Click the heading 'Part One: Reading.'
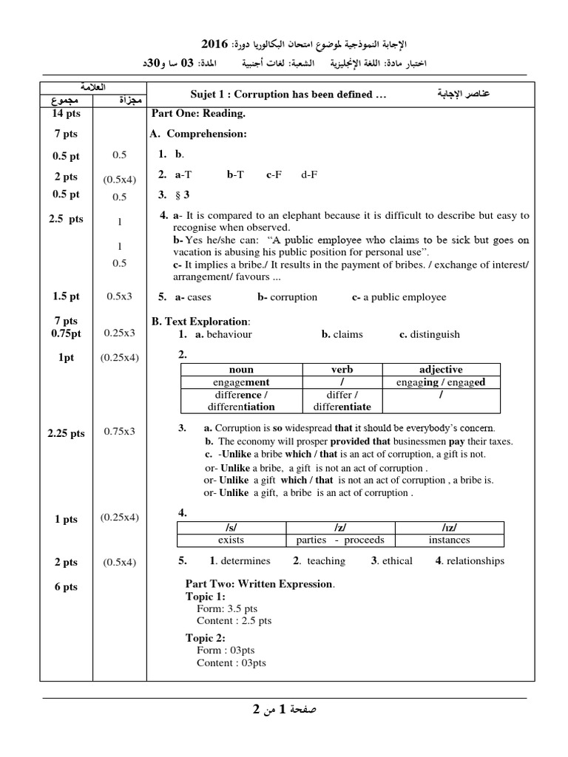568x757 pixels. pos(198,114)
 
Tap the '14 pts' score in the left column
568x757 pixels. pos(65,114)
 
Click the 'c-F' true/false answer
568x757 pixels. pos(274,175)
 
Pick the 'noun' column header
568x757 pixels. pos(241,370)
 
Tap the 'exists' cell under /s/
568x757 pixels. pos(231,540)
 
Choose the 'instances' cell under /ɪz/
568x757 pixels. pos(449,540)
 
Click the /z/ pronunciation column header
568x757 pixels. pos(339,527)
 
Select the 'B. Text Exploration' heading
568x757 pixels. pos(200,322)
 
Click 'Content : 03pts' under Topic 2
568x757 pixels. pos(231,662)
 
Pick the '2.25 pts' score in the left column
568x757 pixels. pos(67,433)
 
